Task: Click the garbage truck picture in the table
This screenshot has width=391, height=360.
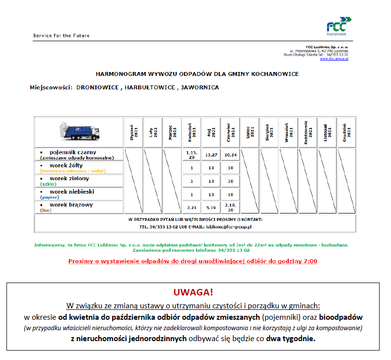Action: coord(79,131)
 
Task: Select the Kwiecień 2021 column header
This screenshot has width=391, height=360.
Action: coord(191,132)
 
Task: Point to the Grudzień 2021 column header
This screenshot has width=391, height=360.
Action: coord(346,132)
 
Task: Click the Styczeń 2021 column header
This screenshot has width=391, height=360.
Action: coord(133,132)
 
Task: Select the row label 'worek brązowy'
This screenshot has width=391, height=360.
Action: coord(71,205)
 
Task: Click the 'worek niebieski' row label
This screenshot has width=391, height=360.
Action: coord(72,192)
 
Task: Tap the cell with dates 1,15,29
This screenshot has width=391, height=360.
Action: coord(191,154)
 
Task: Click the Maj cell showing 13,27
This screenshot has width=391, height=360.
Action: coord(210,154)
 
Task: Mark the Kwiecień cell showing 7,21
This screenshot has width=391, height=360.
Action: coord(191,207)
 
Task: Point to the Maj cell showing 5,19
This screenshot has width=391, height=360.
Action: coord(210,207)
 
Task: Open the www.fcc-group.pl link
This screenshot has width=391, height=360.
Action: coord(334,59)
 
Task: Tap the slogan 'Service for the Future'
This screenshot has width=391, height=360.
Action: coord(61,36)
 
